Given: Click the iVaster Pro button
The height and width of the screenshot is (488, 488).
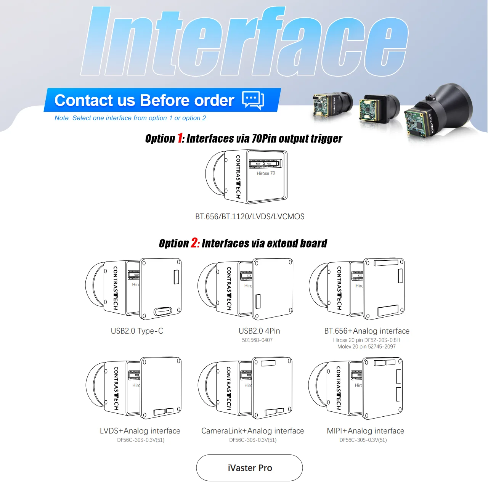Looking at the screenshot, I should [x=249, y=468].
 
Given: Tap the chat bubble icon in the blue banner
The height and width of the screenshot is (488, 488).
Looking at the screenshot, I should [x=253, y=100].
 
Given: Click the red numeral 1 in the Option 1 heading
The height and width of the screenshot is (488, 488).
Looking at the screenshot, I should [x=180, y=138].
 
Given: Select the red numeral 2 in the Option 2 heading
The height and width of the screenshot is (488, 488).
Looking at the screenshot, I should [x=194, y=243].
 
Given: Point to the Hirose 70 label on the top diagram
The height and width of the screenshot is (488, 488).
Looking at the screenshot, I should [x=266, y=173].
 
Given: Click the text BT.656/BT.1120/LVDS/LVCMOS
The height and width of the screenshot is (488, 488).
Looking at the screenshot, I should [x=250, y=217].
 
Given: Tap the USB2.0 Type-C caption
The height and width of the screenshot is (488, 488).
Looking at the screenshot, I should [x=137, y=331].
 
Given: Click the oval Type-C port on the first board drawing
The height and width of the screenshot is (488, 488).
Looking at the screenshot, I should [x=163, y=311].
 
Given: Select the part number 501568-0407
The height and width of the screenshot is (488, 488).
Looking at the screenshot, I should [x=257, y=340].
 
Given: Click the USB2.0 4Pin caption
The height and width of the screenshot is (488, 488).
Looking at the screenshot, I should [x=259, y=331].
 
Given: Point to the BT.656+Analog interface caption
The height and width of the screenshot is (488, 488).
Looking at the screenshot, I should [x=367, y=331].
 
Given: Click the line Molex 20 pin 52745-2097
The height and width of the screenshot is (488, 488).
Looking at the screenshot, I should [x=366, y=347].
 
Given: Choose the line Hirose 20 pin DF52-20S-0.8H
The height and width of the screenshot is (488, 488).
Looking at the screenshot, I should [x=366, y=340].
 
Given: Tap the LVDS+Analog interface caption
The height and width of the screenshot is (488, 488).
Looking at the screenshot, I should [x=140, y=431].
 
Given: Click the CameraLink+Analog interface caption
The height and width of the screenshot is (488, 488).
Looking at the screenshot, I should [x=252, y=431].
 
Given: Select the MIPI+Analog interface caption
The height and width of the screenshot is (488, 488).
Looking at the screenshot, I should [x=365, y=431].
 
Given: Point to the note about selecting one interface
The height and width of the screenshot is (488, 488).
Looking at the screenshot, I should [x=130, y=118].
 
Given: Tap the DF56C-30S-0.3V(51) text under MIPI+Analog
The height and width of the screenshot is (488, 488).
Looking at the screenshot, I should [x=363, y=440].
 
